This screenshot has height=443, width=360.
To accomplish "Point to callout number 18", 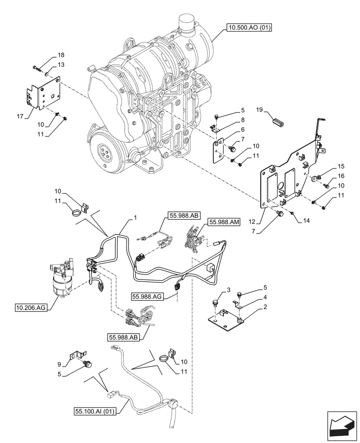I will tap(60, 55).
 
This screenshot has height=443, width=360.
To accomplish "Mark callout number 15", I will tap(340, 167).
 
